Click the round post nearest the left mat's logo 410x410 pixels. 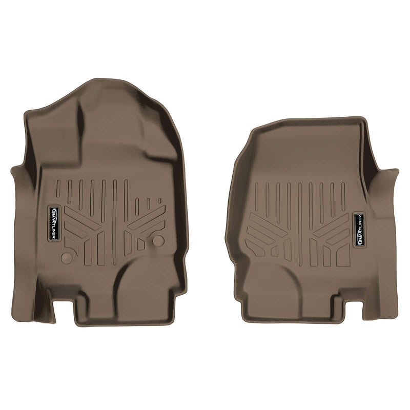(x=66, y=257)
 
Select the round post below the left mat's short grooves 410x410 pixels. (x=158, y=240)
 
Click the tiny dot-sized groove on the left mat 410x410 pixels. (x=159, y=200)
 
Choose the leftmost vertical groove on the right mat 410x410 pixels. (x=256, y=195)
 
